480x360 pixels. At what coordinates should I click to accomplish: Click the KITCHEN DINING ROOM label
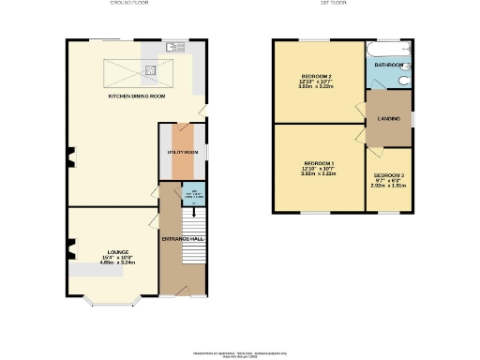[138, 97]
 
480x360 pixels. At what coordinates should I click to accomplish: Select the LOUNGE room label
[117, 252]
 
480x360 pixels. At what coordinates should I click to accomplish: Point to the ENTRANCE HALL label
[184, 238]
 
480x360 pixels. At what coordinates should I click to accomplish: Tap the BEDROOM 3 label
[388, 175]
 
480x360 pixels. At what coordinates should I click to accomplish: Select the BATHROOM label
[389, 65]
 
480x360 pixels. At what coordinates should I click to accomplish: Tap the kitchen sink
[175, 46]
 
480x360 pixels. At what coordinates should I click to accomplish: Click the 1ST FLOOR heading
[341, 5]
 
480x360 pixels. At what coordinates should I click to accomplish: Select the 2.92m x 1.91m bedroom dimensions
[388, 186]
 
